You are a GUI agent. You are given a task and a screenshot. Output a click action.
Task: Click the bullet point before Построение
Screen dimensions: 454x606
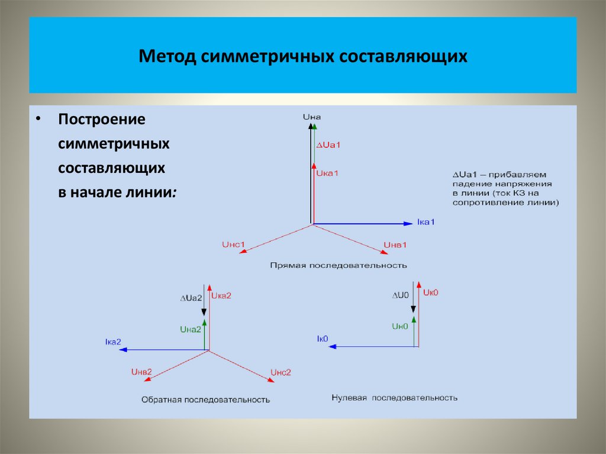pos(38,118)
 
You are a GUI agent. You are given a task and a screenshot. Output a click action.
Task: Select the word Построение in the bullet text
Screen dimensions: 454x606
pos(102,119)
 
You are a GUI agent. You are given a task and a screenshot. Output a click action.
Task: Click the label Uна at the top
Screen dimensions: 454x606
pos(311,118)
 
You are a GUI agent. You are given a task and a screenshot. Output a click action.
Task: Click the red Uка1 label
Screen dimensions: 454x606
pos(327,173)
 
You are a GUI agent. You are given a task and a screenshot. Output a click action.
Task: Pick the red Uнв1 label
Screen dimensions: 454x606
pos(395,244)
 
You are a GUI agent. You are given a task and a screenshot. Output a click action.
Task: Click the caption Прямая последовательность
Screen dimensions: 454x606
pos(339,265)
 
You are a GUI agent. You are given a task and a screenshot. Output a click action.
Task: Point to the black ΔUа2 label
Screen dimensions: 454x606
pos(191,298)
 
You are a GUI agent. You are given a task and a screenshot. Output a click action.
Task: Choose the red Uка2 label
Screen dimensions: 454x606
pos(221,295)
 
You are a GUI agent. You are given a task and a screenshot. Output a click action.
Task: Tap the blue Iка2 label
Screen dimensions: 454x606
pos(112,342)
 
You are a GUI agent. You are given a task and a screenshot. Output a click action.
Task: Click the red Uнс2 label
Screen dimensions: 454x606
pos(281,372)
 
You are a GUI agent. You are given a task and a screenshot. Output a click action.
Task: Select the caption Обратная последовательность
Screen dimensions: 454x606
pos(205,400)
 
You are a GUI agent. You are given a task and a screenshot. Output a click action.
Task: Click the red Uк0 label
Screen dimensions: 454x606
pos(430,292)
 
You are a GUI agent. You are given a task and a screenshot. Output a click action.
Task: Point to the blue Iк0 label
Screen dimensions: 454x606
pos(323,339)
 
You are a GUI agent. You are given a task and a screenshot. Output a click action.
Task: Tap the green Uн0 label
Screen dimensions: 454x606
pos(400,326)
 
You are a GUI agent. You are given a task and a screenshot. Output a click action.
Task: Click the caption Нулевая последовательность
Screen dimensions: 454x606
pos(394,398)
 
